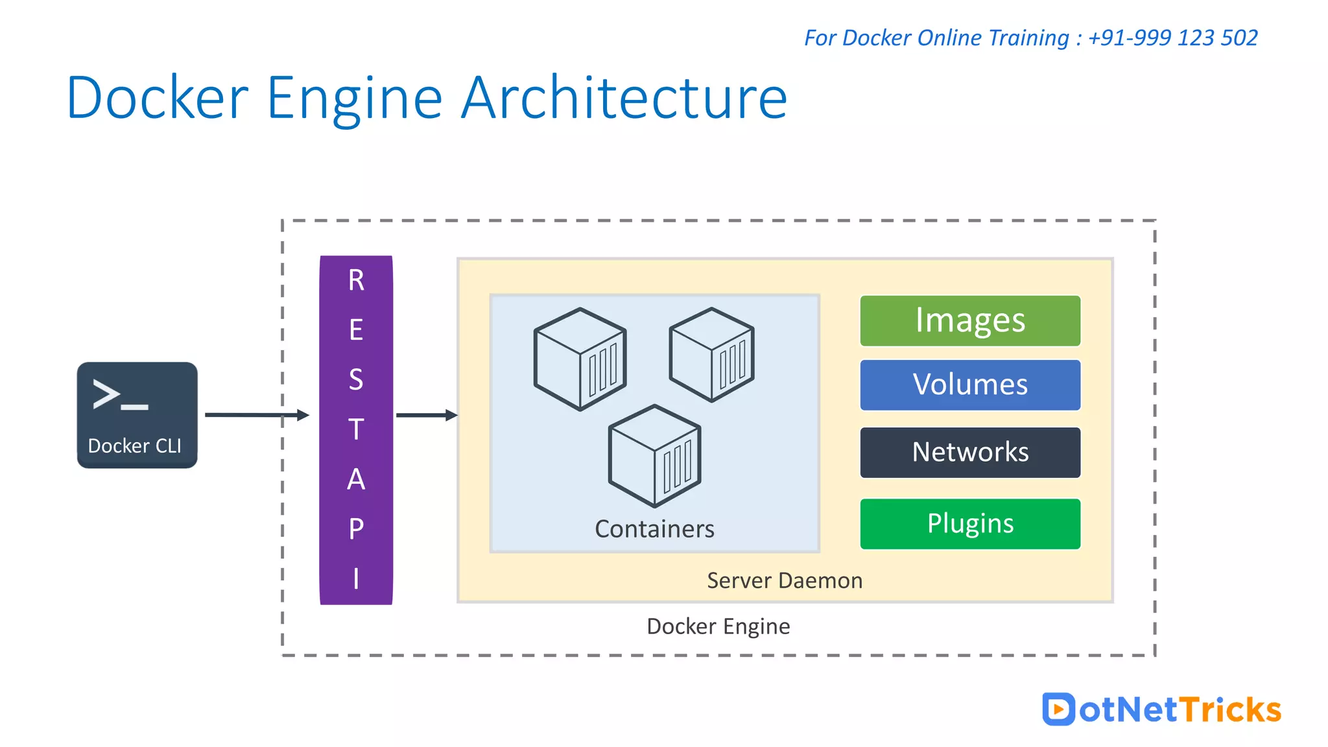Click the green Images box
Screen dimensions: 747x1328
[x=970, y=321]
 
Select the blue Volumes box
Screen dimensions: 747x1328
[x=970, y=385]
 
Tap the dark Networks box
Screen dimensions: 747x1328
[x=970, y=452]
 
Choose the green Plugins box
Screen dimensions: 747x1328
[x=970, y=523]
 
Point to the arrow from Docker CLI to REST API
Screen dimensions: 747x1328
[x=256, y=414]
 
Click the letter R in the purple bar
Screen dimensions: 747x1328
[x=356, y=280]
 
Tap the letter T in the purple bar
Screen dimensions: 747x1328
[x=356, y=429]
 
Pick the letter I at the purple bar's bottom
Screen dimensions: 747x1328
[x=356, y=578]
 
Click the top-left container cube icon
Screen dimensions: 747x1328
[x=580, y=359]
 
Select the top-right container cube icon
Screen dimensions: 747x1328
[x=711, y=355]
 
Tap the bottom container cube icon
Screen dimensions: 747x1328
[x=654, y=456]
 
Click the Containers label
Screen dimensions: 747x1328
[x=654, y=529]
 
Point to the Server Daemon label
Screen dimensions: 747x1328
[x=785, y=580]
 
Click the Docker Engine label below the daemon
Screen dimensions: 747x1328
[x=718, y=626]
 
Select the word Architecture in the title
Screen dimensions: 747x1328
[x=624, y=99]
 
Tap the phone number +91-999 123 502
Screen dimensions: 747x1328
[x=1172, y=38]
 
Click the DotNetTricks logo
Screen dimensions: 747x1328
[x=1161, y=709]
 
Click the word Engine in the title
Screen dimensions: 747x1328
[x=354, y=99]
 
